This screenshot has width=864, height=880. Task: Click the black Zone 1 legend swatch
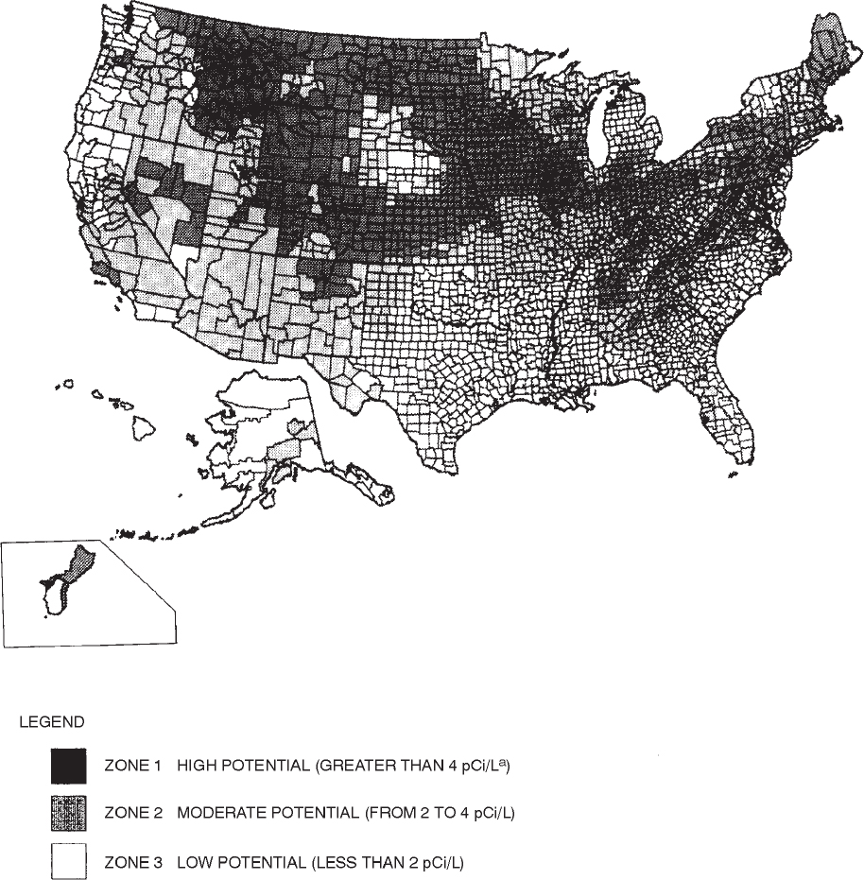tap(68, 765)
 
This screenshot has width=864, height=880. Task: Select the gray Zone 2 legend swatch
tap(68, 813)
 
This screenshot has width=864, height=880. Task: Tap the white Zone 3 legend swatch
tap(68, 861)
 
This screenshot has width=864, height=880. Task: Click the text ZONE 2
tap(130, 813)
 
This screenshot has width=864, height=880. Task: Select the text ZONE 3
tap(130, 861)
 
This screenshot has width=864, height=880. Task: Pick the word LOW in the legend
tap(192, 861)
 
